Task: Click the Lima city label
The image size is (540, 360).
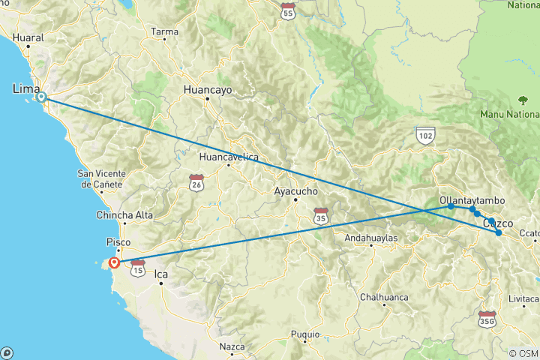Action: pos(26,89)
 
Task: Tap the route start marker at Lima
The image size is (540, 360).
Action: pos(42,97)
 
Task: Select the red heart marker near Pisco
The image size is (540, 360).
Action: pos(114,262)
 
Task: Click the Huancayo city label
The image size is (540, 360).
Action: pos(208,89)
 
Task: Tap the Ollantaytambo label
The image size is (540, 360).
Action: pos(472,201)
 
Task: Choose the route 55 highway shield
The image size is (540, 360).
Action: pos(287,11)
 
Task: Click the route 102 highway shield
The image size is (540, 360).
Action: pos(426,133)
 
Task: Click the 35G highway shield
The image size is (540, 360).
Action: pos(487,318)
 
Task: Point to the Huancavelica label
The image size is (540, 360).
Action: pos(229,157)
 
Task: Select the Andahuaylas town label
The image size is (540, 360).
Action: pos(370,238)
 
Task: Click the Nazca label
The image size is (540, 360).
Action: pos(232,346)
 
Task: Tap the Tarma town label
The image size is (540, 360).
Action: pos(164,32)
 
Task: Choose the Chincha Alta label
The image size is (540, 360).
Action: pos(124,215)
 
